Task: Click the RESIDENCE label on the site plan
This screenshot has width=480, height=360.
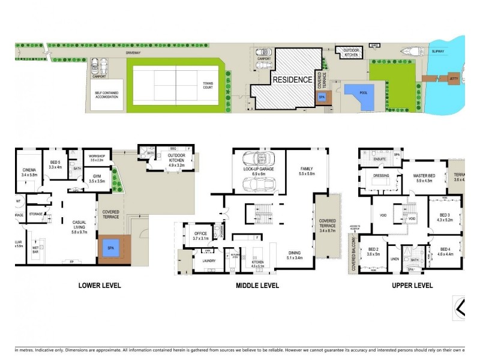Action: pos(293,79)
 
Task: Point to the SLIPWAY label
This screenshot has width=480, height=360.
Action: pos(438,52)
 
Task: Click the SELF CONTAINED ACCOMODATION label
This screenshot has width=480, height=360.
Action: pos(109,94)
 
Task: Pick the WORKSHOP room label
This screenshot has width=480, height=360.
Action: pos(97,157)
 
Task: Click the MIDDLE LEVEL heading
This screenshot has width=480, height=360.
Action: pos(257,286)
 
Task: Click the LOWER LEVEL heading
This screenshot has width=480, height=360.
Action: pos(100,286)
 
